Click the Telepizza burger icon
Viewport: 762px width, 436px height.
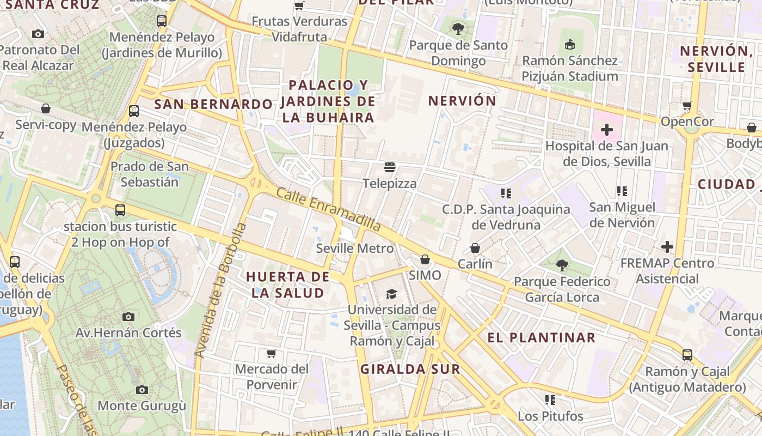click(389, 167)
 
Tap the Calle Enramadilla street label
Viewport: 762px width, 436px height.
click(328, 209)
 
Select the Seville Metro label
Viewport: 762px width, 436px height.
click(355, 249)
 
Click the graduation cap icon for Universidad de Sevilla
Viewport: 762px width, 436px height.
click(391, 294)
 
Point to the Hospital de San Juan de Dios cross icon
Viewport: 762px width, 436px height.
click(606, 130)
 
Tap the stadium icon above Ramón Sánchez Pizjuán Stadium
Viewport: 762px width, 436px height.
click(570, 44)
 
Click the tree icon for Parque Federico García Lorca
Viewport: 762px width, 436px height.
click(562, 265)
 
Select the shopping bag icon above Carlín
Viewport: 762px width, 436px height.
click(475, 248)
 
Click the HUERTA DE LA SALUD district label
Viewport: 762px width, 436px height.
click(287, 284)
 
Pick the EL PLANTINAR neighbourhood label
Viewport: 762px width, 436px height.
click(541, 337)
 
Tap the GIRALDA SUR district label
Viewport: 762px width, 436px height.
click(410, 369)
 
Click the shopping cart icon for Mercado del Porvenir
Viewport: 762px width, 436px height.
click(272, 353)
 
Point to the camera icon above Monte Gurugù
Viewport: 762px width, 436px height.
click(142, 390)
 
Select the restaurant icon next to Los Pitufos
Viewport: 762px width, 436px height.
click(550, 400)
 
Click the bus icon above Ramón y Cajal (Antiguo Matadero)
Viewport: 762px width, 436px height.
click(687, 355)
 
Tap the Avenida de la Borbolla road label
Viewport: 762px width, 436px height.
click(220, 290)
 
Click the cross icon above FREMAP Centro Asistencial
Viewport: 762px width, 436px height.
click(667, 247)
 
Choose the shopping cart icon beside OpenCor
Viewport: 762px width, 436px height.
click(687, 105)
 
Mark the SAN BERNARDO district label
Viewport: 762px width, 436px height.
click(213, 104)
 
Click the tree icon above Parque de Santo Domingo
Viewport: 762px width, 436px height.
click(458, 28)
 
